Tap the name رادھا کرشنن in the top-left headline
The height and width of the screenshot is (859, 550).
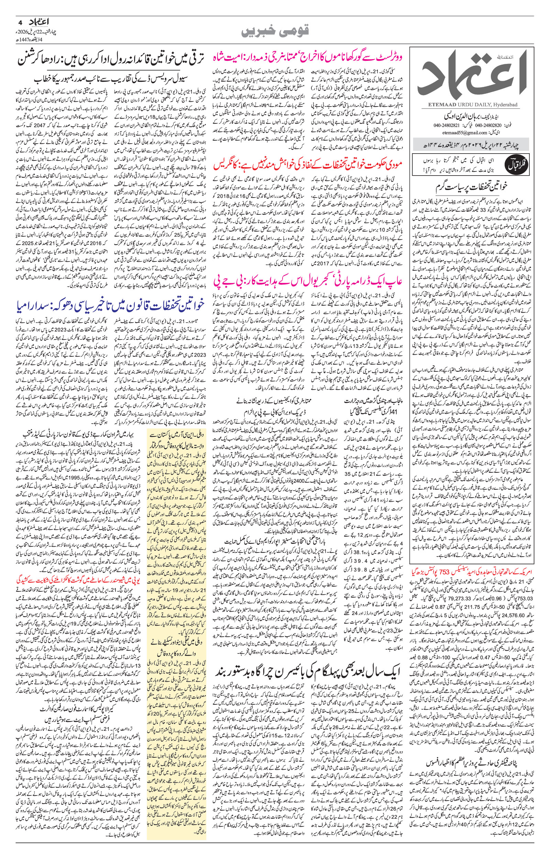pos(44,59)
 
